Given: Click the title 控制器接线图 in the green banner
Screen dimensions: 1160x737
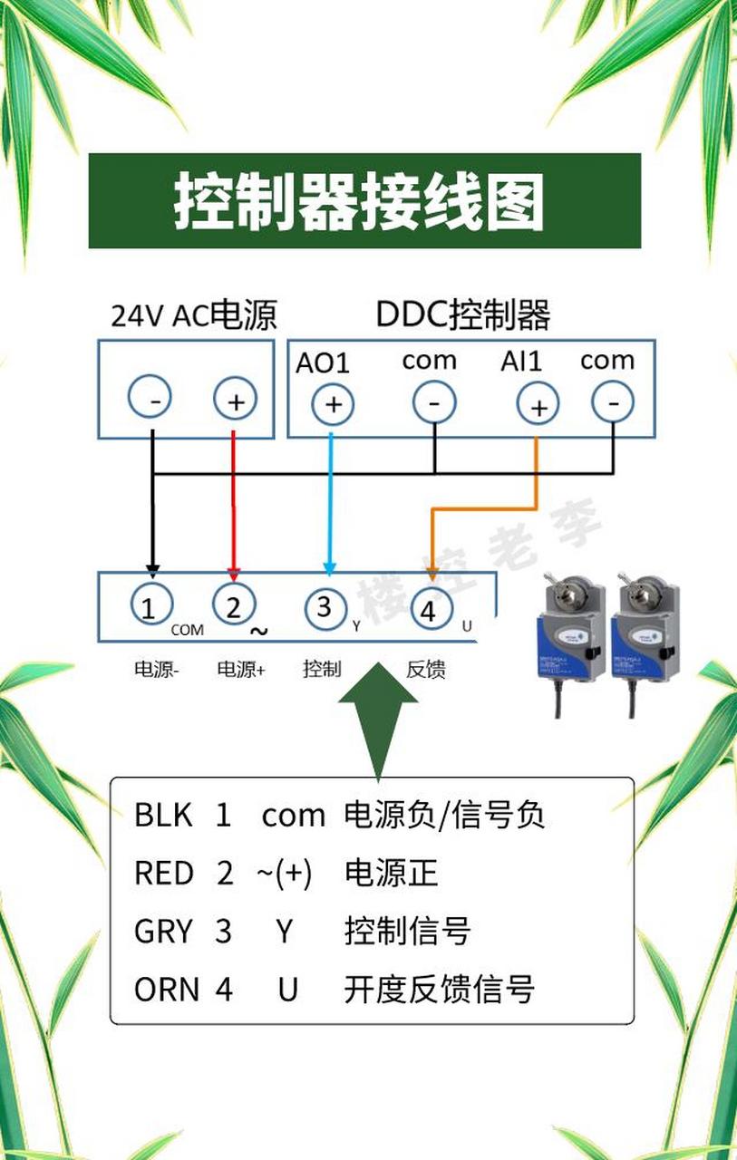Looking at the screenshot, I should pyautogui.click(x=359, y=201).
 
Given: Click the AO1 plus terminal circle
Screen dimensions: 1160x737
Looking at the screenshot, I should pyautogui.click(x=333, y=404).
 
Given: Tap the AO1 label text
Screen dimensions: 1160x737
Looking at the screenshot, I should pyautogui.click(x=322, y=362).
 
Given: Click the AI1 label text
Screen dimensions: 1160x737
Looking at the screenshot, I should pyautogui.click(x=521, y=361).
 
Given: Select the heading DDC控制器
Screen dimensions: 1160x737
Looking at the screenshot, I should pyautogui.click(x=462, y=315).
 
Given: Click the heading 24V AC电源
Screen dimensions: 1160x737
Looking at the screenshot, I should pyautogui.click(x=193, y=315).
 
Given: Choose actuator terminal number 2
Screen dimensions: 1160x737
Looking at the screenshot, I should pyautogui.click(x=234, y=604).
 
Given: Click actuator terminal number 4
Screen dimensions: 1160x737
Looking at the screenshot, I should pyautogui.click(x=429, y=611).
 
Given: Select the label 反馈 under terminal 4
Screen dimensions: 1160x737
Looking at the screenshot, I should pyautogui.click(x=425, y=670).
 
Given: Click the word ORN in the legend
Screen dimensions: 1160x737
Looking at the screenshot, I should pyautogui.click(x=166, y=990).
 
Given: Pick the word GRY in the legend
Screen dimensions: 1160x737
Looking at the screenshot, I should pyautogui.click(x=164, y=932).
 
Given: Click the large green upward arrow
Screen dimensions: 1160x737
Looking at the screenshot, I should pyautogui.click(x=377, y=716).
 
